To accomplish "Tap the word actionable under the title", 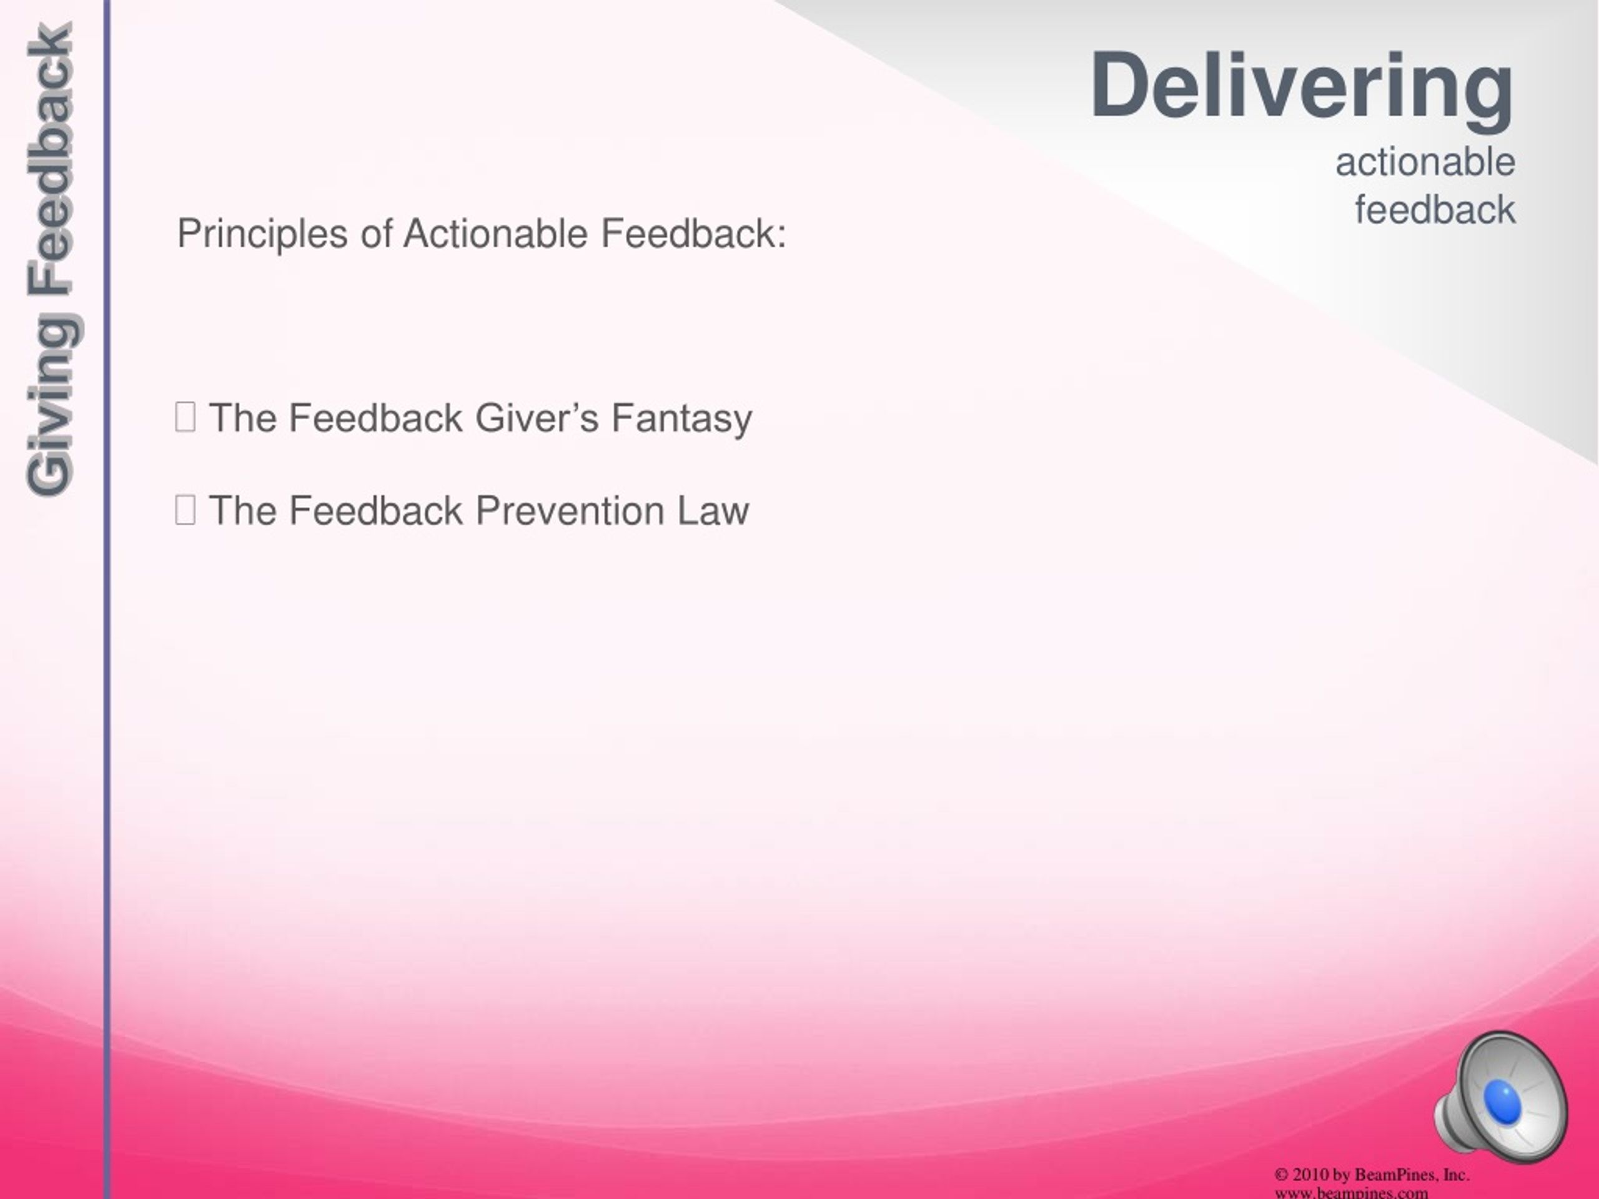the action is pyautogui.click(x=1425, y=162).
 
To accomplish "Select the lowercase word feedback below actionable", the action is pyautogui.click(x=1435, y=210).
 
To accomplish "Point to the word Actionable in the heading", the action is pyautogui.click(x=495, y=234).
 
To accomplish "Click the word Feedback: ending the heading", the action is pyautogui.click(x=693, y=234).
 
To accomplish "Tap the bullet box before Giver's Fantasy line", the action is pyautogui.click(x=185, y=417).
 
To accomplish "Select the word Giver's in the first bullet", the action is pyautogui.click(x=537, y=418).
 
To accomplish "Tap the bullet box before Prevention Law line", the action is pyautogui.click(x=185, y=510).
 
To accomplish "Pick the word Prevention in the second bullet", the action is pyautogui.click(x=570, y=511).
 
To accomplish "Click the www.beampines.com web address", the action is pyautogui.click(x=1351, y=1193).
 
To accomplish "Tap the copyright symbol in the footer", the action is pyautogui.click(x=1282, y=1175).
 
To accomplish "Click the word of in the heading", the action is pyautogui.click(x=377, y=234).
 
